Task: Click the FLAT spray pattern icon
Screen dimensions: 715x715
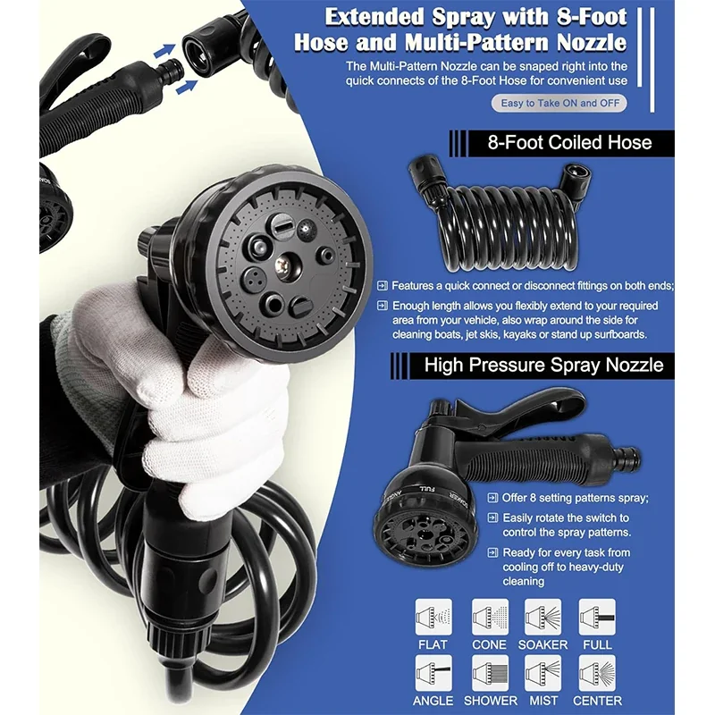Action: click(x=433, y=617)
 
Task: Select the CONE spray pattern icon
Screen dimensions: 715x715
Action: click(x=490, y=617)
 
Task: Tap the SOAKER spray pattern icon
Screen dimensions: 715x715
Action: click(x=543, y=617)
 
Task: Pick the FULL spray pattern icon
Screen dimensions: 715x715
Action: click(x=597, y=617)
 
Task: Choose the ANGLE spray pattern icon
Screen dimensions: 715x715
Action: click(x=433, y=673)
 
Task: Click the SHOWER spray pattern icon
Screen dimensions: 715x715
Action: click(x=490, y=673)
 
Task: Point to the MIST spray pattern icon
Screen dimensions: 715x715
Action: click(x=543, y=673)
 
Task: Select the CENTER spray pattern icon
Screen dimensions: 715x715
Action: click(x=597, y=673)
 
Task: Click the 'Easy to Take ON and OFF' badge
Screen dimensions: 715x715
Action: click(x=559, y=103)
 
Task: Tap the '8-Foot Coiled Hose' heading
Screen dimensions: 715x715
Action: click(x=569, y=143)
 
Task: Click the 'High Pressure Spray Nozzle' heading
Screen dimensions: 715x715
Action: click(x=543, y=366)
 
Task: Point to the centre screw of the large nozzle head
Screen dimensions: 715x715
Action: click(x=283, y=264)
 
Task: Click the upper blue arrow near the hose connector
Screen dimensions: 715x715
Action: click(x=164, y=50)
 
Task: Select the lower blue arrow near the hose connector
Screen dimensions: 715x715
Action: click(x=187, y=86)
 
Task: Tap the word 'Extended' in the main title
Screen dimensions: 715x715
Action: click(x=374, y=17)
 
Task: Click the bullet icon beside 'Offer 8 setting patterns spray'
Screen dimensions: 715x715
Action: click(x=492, y=498)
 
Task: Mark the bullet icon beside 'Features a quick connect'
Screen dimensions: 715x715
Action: click(x=383, y=286)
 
